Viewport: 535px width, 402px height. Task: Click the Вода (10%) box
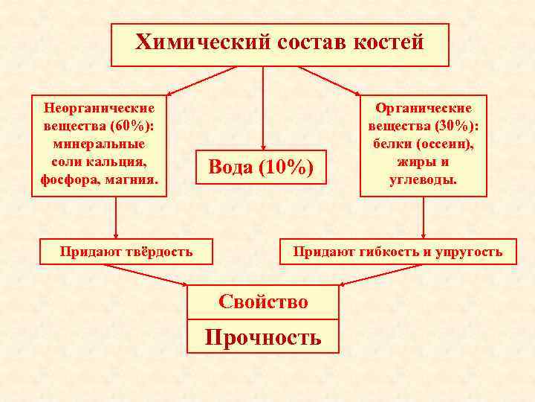(x=261, y=167)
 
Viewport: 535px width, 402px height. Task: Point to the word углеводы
(x=424, y=179)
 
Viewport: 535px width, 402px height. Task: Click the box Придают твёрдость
(x=126, y=252)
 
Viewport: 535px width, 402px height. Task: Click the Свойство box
(x=262, y=301)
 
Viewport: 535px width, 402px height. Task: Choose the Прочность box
(x=262, y=337)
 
